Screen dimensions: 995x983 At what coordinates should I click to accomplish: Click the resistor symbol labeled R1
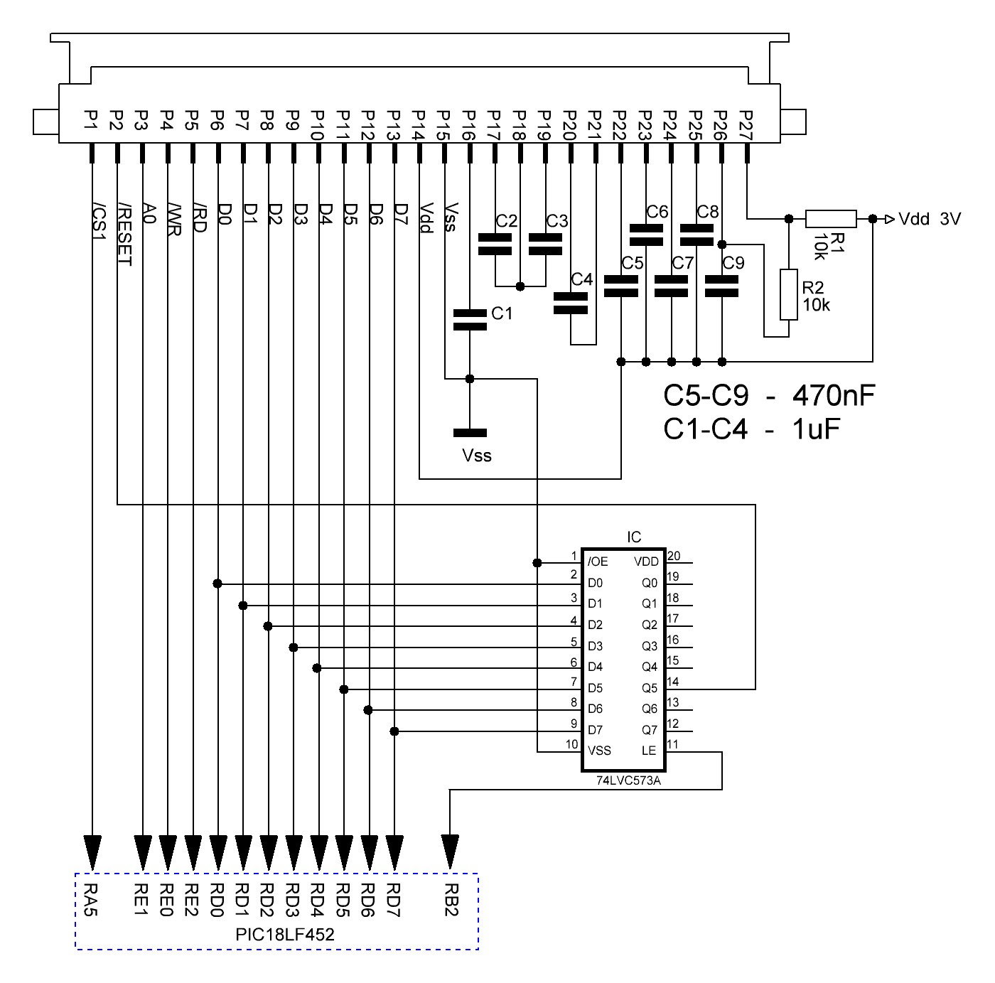tap(830, 219)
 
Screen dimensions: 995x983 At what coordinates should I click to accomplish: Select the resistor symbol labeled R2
tap(788, 294)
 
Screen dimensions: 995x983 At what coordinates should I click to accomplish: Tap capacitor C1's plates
tap(469, 320)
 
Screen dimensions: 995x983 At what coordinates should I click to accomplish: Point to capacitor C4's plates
tap(570, 304)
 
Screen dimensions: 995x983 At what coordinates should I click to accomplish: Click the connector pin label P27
tap(746, 125)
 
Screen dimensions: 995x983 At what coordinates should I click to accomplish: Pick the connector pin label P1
tap(91, 120)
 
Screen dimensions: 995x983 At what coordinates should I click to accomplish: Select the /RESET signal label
tap(124, 235)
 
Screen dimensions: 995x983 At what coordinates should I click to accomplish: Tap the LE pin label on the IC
tap(649, 751)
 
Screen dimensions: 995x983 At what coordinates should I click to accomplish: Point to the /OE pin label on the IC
tap(598, 562)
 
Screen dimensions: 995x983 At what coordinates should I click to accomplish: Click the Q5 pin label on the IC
tap(650, 688)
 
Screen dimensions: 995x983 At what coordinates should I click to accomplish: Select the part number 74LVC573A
tap(628, 780)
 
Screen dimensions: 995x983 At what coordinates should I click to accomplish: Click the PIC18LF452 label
tap(284, 935)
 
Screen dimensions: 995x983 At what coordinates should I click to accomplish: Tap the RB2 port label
tap(451, 899)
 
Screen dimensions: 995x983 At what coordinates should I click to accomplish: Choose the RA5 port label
tap(91, 899)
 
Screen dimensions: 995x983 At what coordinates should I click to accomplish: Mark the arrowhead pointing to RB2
tap(450, 852)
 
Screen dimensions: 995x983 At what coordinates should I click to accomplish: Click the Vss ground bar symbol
tap(470, 433)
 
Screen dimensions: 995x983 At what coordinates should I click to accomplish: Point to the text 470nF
tap(834, 396)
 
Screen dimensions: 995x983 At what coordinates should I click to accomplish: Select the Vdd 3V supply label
tap(930, 219)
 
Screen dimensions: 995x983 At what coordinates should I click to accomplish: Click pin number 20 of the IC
tap(674, 556)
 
